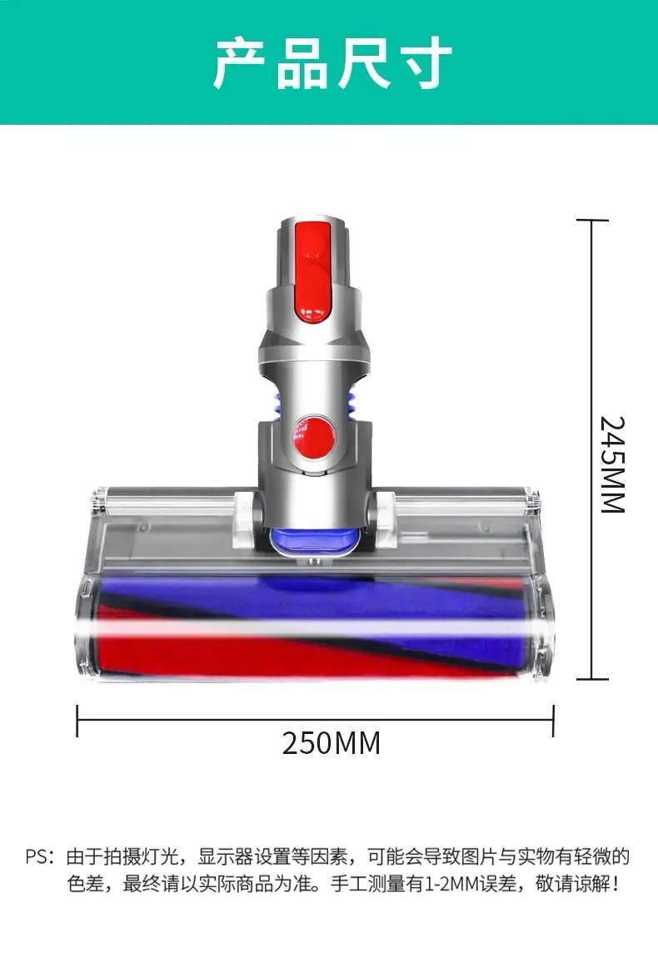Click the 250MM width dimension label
pyautogui.click(x=331, y=743)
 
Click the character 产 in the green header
pyautogui.click(x=240, y=62)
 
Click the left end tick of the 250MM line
pyautogui.click(x=77, y=721)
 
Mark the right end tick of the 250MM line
pyautogui.click(x=553, y=721)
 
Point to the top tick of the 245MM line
pyautogui.click(x=592, y=220)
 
